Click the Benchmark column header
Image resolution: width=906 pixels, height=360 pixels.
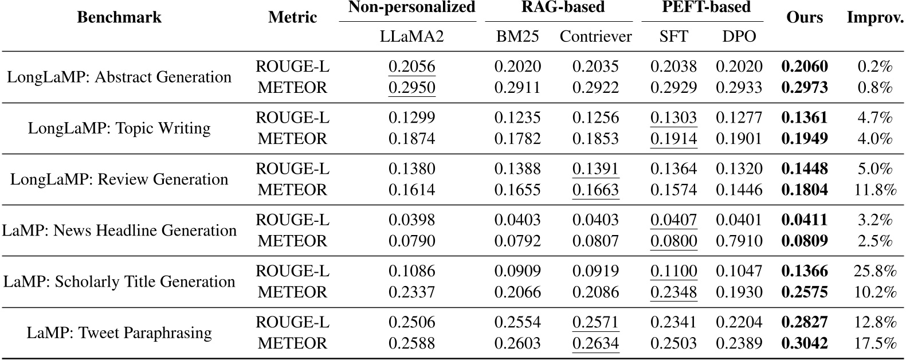(119, 17)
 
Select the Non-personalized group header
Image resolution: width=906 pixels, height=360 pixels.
(411, 7)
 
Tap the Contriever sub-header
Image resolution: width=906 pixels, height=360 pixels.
(595, 37)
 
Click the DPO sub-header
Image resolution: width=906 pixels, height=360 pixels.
(739, 37)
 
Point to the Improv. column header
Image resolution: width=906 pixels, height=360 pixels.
(874, 17)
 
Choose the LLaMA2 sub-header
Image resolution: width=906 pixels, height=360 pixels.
(411, 37)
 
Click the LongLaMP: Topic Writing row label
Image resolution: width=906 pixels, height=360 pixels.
(119, 128)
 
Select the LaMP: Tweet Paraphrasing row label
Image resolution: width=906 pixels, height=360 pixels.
(119, 332)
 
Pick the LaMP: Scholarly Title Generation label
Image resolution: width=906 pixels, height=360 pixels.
(119, 281)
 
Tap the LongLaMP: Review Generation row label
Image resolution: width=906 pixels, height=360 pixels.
(119, 179)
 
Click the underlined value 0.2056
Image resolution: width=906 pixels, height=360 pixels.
(411, 66)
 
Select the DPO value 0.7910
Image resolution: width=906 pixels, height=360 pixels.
(739, 241)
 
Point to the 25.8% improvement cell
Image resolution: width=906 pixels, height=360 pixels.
(874, 271)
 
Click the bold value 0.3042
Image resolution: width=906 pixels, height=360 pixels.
(805, 343)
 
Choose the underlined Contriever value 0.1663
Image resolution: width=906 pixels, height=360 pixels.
(595, 190)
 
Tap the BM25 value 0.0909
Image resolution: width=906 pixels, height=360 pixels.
(517, 271)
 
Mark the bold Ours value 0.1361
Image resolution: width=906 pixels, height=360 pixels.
(805, 118)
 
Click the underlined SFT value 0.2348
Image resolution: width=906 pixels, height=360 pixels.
(673, 292)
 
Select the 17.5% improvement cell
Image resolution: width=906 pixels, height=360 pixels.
(874, 343)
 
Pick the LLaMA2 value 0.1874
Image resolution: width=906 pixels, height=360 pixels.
(411, 139)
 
